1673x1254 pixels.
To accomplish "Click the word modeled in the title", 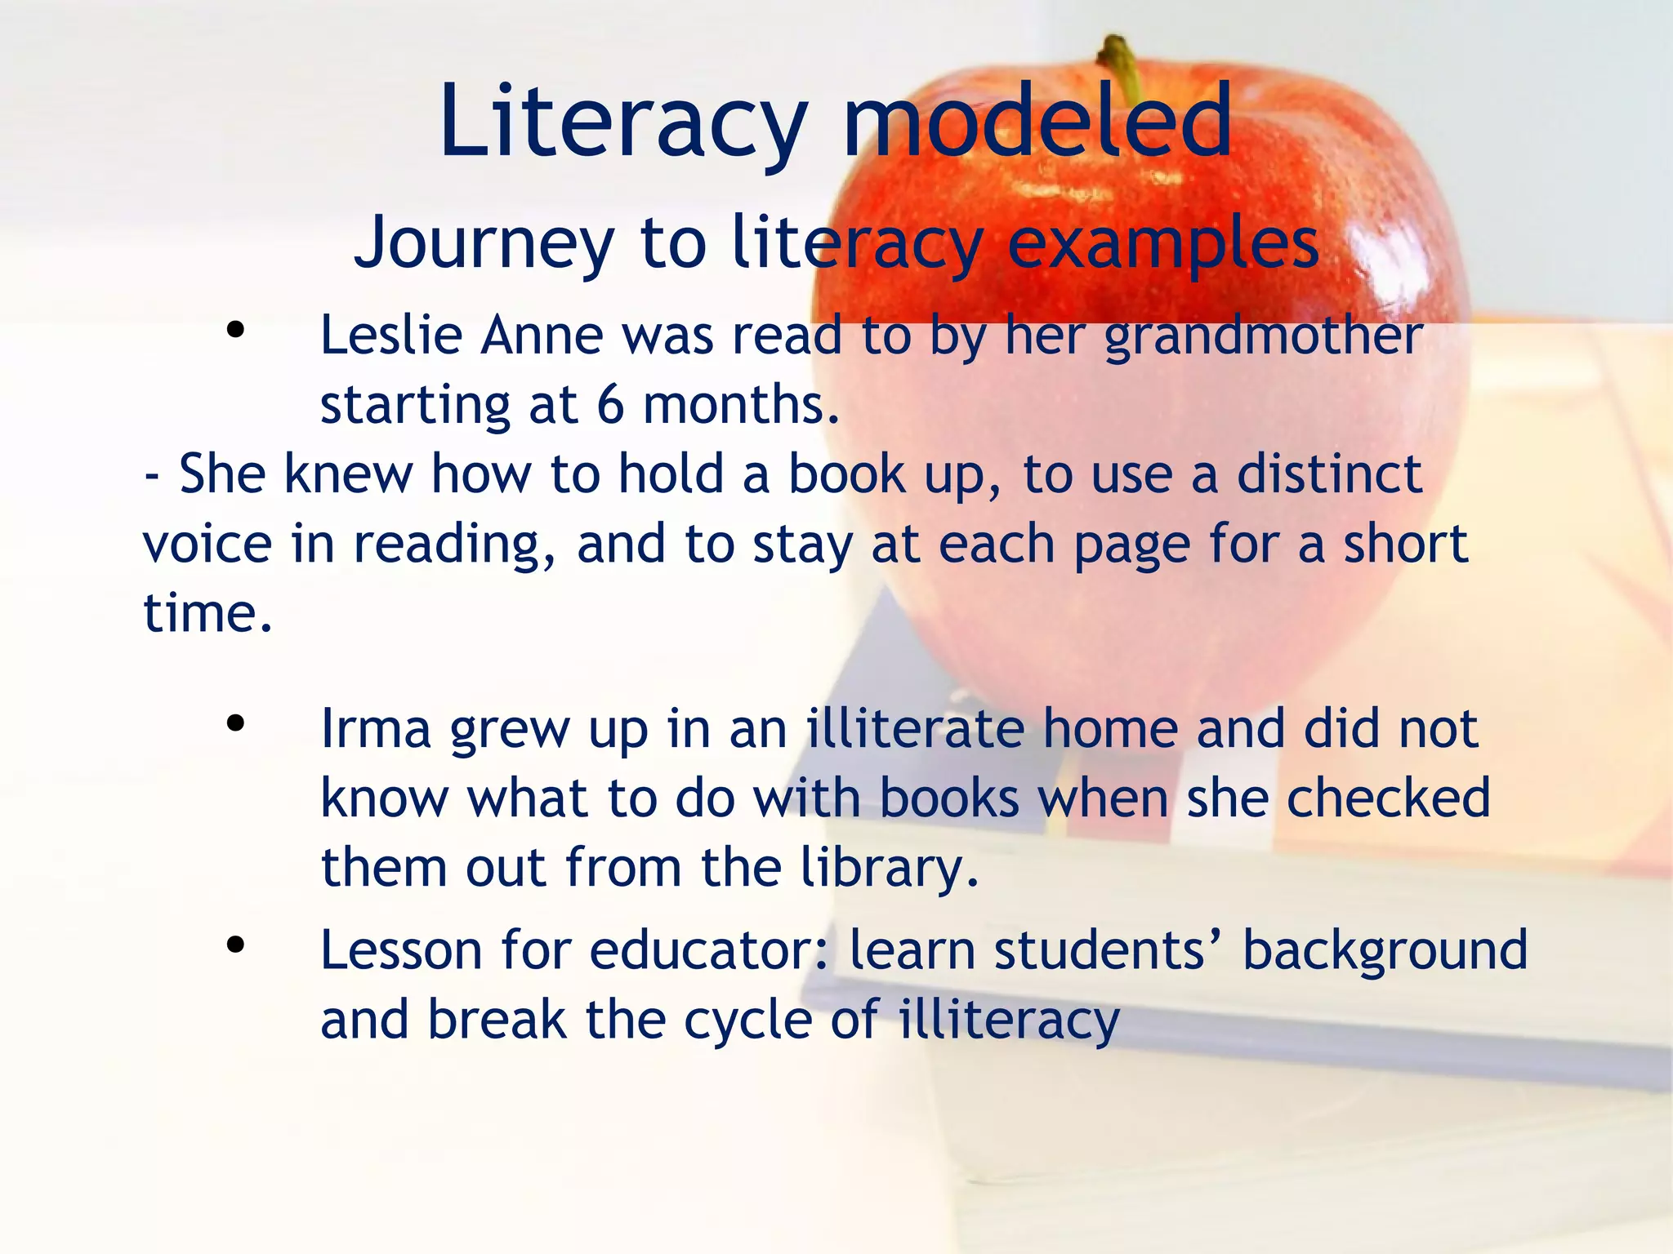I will [1037, 122].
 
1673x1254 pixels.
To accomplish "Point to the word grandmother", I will [1264, 336].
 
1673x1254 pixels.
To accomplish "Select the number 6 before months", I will [610, 405].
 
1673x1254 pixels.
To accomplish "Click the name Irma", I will [376, 729].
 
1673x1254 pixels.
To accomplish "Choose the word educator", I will [699, 951].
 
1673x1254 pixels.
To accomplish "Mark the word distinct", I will [1329, 474].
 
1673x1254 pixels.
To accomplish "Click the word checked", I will [1389, 798].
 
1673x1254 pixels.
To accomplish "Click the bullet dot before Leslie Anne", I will [235, 331].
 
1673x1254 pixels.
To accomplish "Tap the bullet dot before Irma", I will [235, 723].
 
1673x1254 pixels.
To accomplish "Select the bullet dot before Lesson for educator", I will [235, 945].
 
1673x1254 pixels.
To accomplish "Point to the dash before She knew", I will [151, 476].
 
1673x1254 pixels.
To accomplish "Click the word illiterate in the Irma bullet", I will [915, 729].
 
